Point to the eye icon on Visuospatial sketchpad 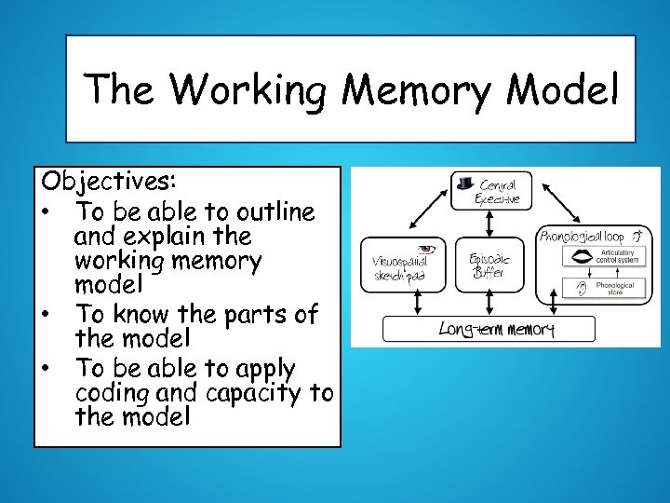[x=427, y=249]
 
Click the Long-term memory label [x=496, y=330]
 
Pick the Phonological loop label [x=583, y=236]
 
